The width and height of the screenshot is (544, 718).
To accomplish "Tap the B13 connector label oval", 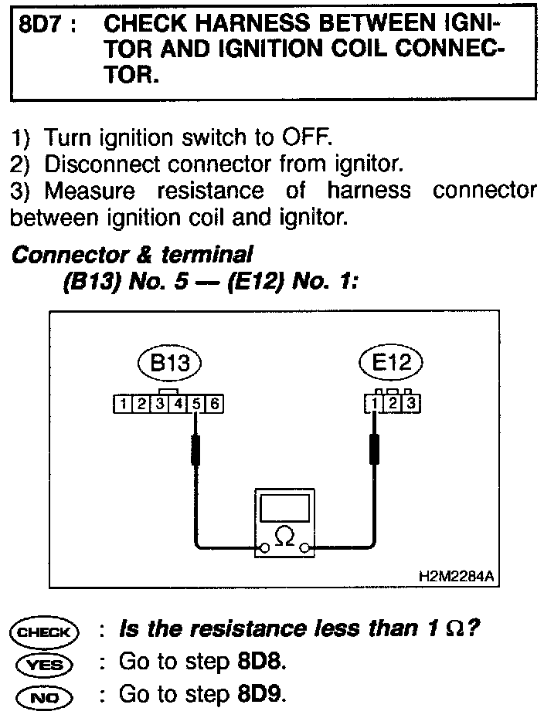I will click(169, 364).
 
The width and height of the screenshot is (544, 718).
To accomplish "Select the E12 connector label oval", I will click(392, 364).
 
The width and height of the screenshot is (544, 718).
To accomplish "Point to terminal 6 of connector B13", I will click(216, 402).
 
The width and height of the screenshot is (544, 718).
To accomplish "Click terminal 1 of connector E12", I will click(375, 402).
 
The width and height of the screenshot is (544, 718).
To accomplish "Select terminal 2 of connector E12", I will click(393, 402).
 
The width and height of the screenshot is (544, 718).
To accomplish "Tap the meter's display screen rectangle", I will click(284, 510).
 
